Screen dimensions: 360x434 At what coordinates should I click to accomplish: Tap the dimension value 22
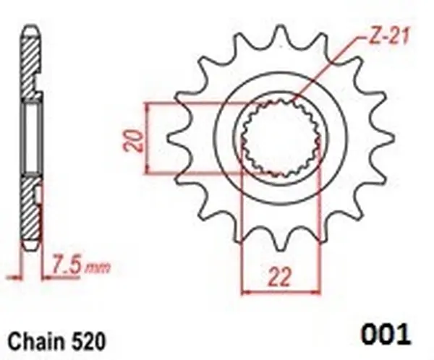[277, 275]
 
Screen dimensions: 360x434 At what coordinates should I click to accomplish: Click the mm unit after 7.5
[98, 268]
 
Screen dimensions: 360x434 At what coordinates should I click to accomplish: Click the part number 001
[384, 334]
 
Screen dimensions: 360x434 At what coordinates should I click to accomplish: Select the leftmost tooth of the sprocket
[174, 137]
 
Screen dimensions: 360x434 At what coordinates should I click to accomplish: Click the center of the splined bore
[278, 137]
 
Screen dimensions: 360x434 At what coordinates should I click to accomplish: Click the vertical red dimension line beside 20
[148, 137]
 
